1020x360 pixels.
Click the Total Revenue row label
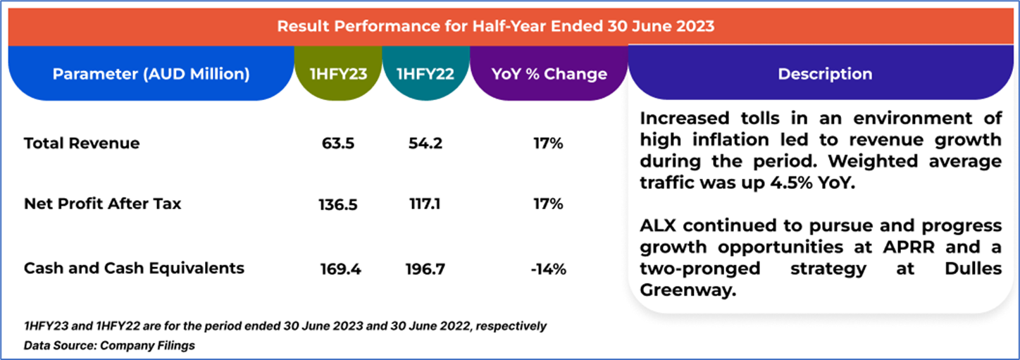pos(82,144)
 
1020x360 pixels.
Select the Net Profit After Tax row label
pos(102,204)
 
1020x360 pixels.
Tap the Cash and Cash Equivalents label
pos(134,268)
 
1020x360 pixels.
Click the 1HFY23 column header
pos(338,74)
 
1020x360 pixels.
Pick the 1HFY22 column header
pos(426,74)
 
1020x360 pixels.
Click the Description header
pos(825,74)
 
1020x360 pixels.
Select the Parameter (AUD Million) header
pos(151,74)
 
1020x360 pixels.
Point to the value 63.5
pos(338,144)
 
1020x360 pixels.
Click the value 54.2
pos(425,144)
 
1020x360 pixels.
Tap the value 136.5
pos(338,205)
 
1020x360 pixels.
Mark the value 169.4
pos(339,269)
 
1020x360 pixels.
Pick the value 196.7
pos(425,269)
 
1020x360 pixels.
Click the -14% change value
pos(549,269)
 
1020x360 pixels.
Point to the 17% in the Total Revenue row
pos(549,144)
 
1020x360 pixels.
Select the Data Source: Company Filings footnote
pos(109,346)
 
